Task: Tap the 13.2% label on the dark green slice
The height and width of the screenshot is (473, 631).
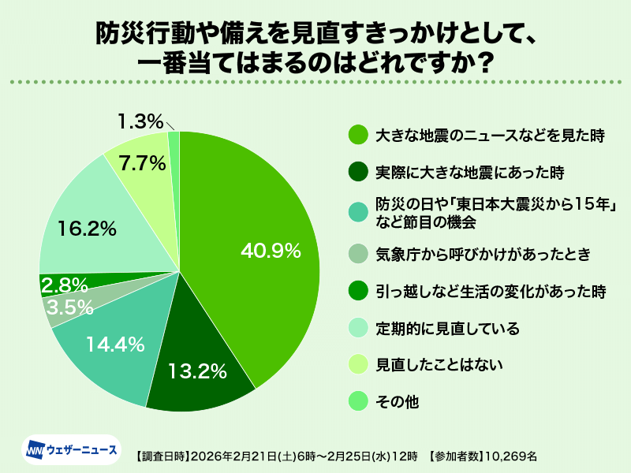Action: pos(197,369)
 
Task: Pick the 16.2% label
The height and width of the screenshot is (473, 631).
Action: pos(88,229)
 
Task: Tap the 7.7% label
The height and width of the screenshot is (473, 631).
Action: pos(142,163)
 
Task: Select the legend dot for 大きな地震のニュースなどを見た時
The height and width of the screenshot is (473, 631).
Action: pos(358,135)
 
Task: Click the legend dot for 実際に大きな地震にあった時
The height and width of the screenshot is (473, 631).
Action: pos(358,171)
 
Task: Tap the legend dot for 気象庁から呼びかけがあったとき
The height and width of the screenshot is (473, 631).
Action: pos(358,254)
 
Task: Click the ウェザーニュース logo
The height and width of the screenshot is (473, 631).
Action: pos(72,450)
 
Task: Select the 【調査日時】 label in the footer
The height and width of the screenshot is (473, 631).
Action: pos(162,456)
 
